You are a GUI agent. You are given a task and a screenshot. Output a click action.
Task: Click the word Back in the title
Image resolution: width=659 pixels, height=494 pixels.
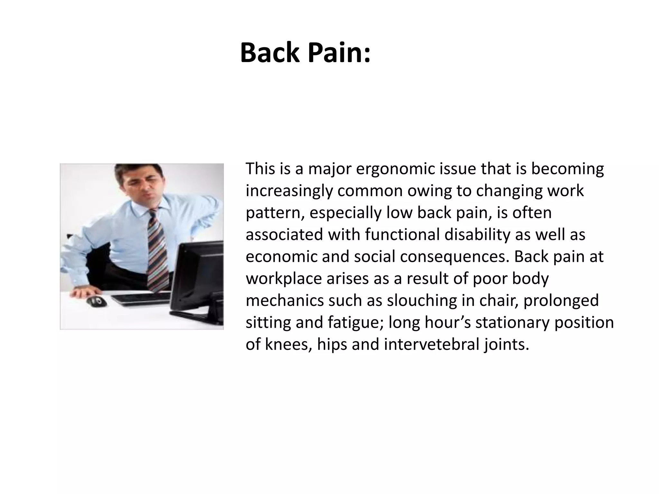tap(270, 53)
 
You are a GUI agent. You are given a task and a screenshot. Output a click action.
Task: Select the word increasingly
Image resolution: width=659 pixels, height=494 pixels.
tap(288, 191)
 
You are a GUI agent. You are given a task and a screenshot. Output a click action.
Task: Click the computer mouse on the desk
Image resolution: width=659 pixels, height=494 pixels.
tap(97, 301)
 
